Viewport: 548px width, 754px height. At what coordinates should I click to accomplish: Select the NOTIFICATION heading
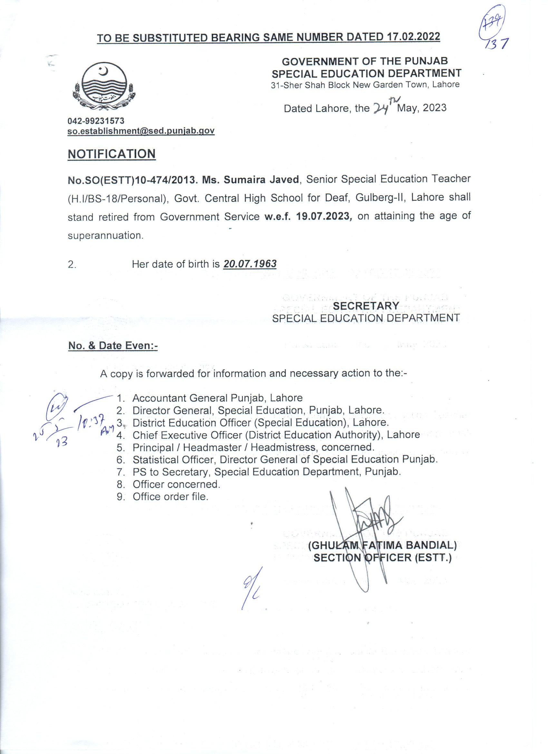[x=112, y=154]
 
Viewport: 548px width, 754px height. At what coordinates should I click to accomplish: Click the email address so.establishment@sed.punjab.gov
[x=141, y=131]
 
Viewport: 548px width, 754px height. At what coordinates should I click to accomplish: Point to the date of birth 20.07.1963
[x=250, y=264]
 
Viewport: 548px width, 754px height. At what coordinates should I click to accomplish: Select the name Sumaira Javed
[x=261, y=179]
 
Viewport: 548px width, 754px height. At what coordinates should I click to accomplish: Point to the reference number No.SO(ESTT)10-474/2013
[x=133, y=179]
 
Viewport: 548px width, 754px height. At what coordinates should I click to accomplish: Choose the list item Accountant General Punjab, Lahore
[x=217, y=398]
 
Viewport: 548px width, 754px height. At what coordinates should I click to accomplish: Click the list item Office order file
[x=170, y=497]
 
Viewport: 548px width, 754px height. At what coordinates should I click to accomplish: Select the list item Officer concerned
[x=176, y=484]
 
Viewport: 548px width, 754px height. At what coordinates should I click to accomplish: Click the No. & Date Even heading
[x=113, y=346]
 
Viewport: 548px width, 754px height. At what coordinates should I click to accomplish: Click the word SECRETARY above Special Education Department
[x=366, y=305]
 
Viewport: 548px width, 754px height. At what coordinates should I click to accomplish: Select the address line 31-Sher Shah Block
[x=365, y=84]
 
